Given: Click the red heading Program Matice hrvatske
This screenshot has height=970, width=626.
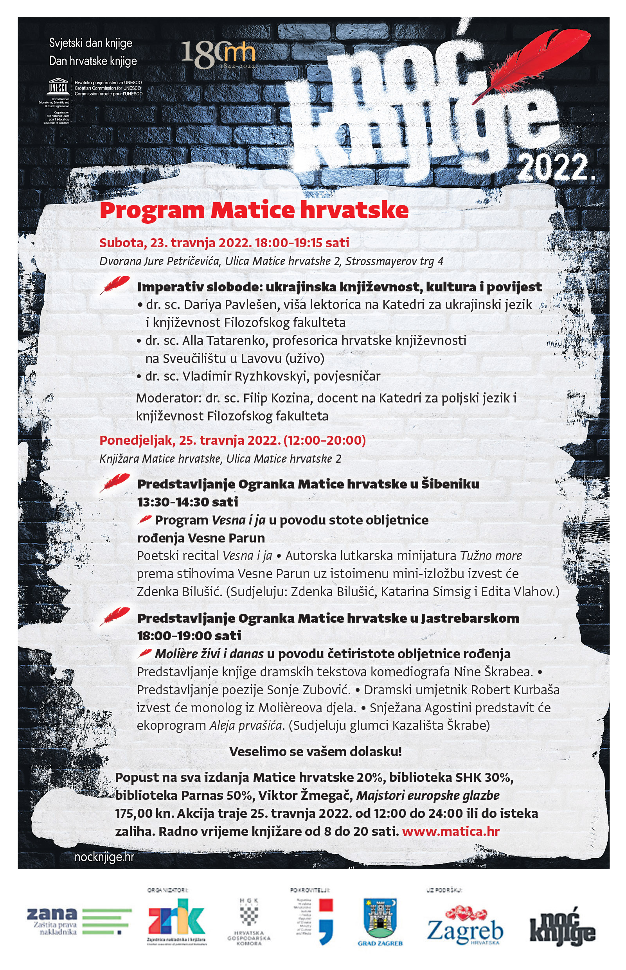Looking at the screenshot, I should pyautogui.click(x=254, y=210).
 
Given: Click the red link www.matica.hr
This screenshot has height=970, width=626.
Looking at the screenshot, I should pyautogui.click(x=451, y=831).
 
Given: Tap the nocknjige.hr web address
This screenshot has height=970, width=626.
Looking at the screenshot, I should pyautogui.click(x=104, y=857).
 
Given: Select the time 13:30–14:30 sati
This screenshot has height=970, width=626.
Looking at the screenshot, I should pyautogui.click(x=188, y=502).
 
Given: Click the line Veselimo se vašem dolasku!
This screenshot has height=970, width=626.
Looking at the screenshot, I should pyautogui.click(x=315, y=751).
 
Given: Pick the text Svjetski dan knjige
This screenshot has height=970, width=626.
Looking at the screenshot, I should pyautogui.click(x=91, y=43).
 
